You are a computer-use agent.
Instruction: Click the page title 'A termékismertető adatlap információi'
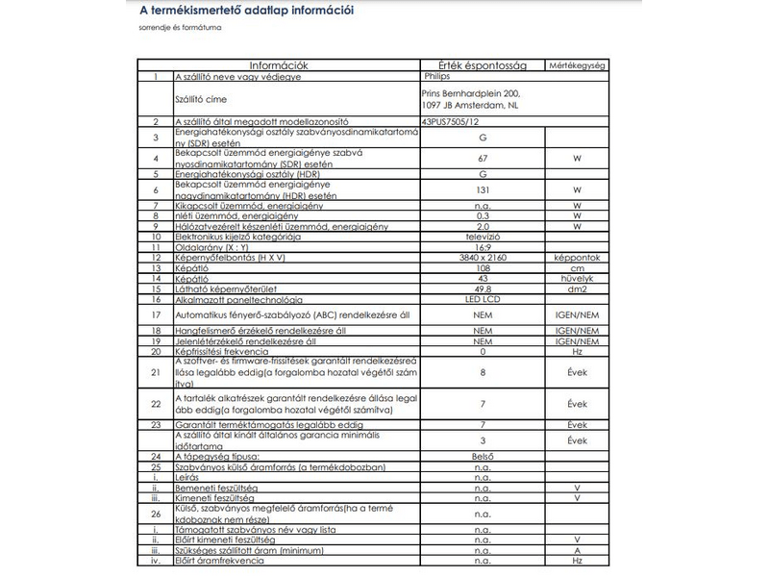click(247, 12)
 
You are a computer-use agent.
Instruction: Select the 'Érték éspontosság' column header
click(482, 65)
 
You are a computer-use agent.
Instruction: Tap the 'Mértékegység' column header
click(577, 65)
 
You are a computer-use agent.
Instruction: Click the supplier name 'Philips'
click(435, 74)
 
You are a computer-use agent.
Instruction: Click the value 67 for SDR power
click(482, 157)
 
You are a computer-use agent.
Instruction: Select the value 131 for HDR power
click(482, 191)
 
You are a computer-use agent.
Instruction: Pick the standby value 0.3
click(482, 216)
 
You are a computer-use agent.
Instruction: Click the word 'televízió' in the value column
click(482, 235)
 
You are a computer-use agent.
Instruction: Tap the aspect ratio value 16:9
click(482, 247)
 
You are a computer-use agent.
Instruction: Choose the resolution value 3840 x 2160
click(482, 259)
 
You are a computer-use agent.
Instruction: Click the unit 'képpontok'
click(577, 259)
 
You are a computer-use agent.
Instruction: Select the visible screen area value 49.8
click(482, 288)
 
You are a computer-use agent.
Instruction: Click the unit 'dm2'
click(577, 288)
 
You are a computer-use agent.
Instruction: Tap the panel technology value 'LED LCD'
click(482, 300)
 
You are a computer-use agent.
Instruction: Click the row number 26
click(155, 514)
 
